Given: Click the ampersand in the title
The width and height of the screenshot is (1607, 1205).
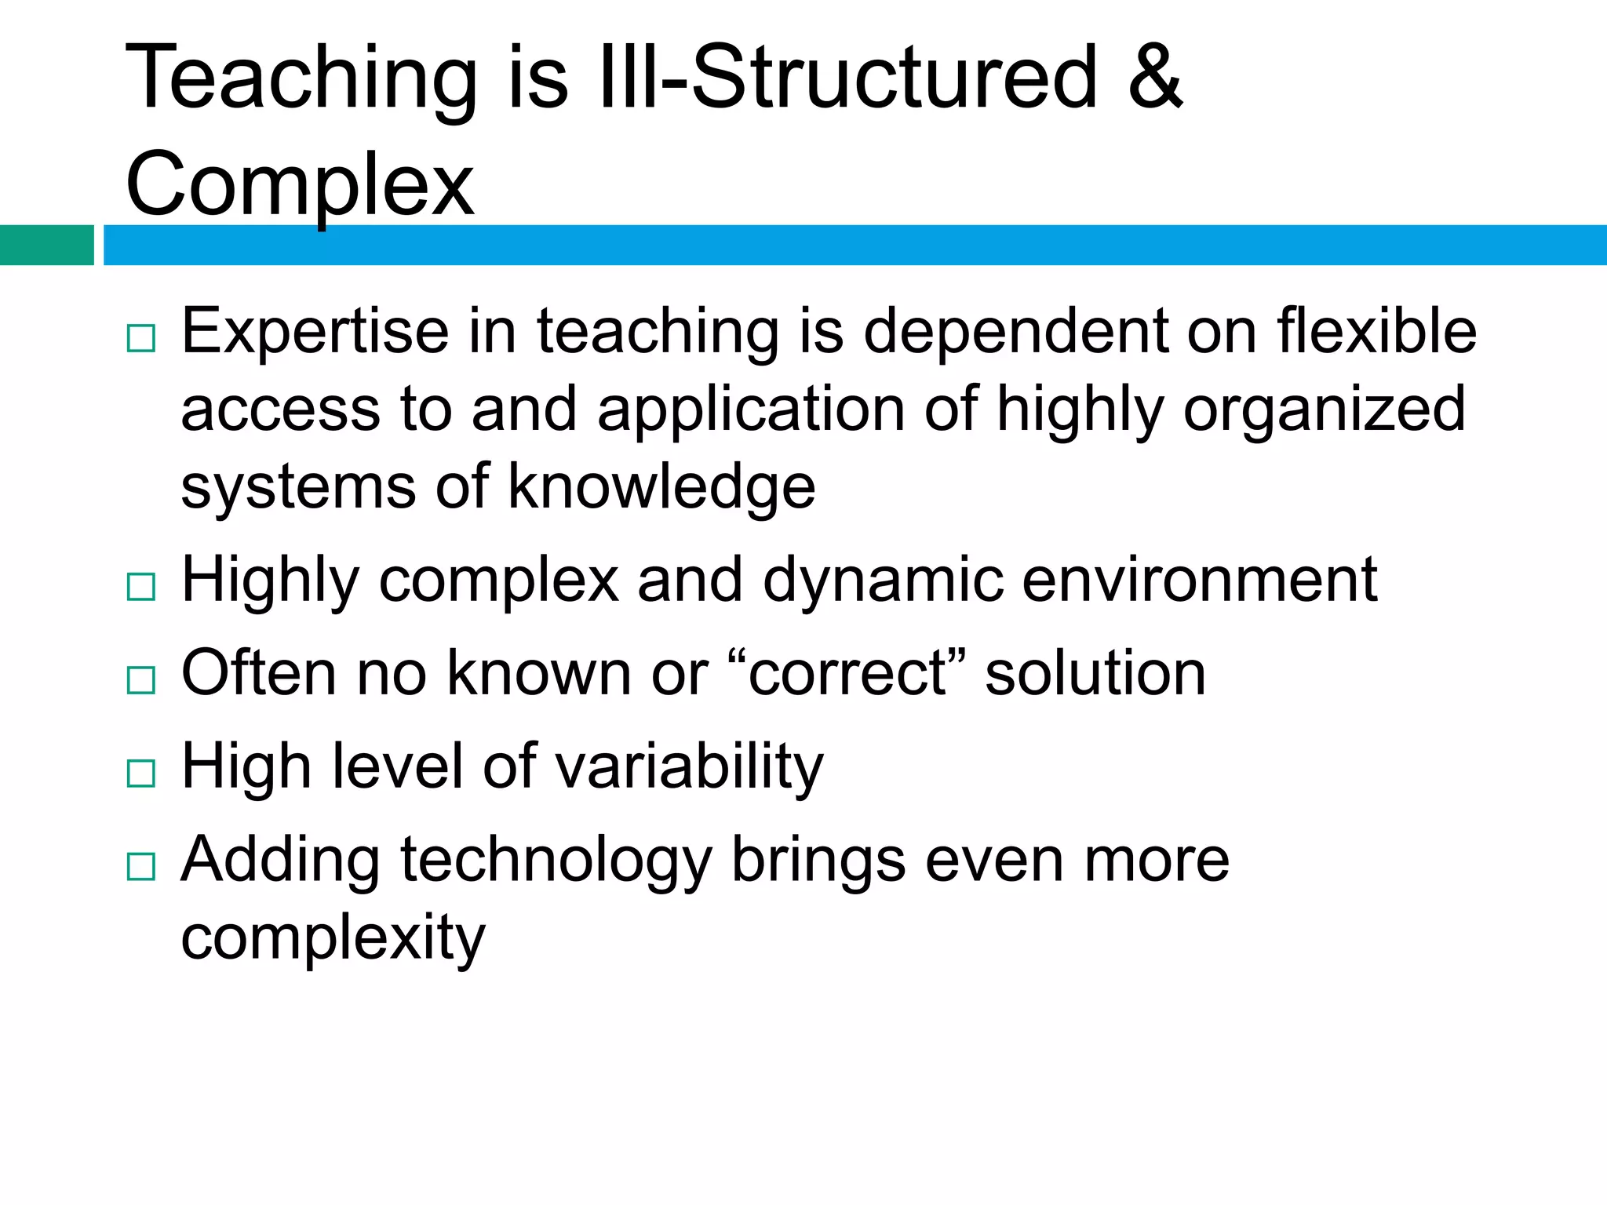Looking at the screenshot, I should pyautogui.click(x=1154, y=77).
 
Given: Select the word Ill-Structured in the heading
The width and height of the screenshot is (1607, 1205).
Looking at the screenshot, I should pyautogui.click(x=847, y=77).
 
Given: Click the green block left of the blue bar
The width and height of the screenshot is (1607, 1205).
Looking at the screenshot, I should pyautogui.click(x=46, y=245).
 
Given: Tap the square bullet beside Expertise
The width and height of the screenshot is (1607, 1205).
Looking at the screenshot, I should pyautogui.click(x=141, y=338).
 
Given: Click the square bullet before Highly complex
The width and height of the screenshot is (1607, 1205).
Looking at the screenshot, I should pyautogui.click(x=141, y=587).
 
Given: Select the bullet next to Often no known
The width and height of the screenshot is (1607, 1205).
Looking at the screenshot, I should pyautogui.click(x=141, y=680).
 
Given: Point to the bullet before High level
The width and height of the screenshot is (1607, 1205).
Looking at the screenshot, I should pyautogui.click(x=141, y=774).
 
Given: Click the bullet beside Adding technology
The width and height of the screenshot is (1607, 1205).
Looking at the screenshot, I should pyautogui.click(x=141, y=867).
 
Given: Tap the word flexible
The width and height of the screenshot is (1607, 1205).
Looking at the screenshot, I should pyautogui.click(x=1376, y=331).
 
